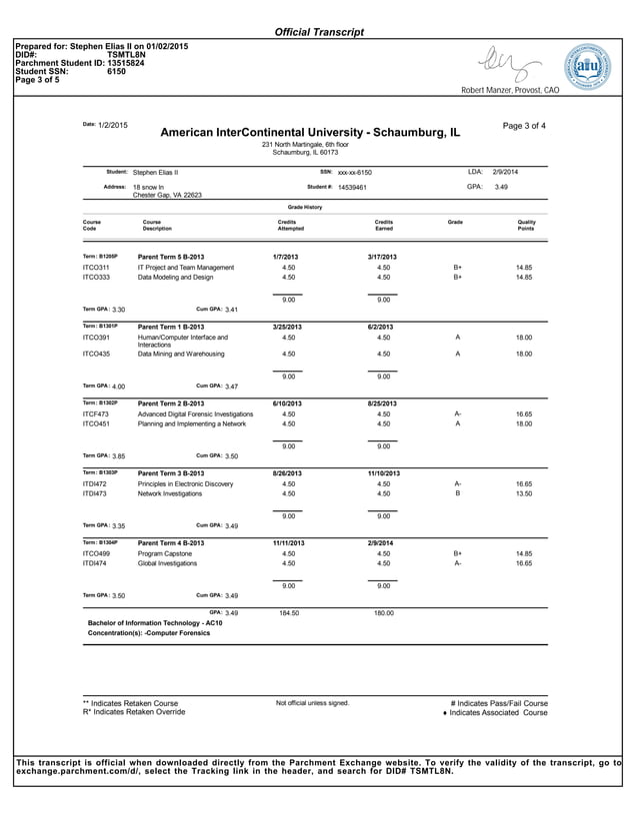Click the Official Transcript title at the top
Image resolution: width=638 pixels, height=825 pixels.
pos(319,33)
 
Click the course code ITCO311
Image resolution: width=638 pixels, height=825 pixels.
pos(96,268)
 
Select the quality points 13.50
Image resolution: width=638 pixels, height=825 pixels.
pos(523,493)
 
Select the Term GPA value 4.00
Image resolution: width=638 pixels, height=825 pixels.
pos(119,386)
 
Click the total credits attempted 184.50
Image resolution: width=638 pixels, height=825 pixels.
pos(288,613)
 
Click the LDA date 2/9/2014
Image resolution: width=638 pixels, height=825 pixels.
pos(505,172)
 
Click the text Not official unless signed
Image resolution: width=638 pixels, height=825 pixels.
pos(312,703)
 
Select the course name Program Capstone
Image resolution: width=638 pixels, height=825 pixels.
pos(165,552)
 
